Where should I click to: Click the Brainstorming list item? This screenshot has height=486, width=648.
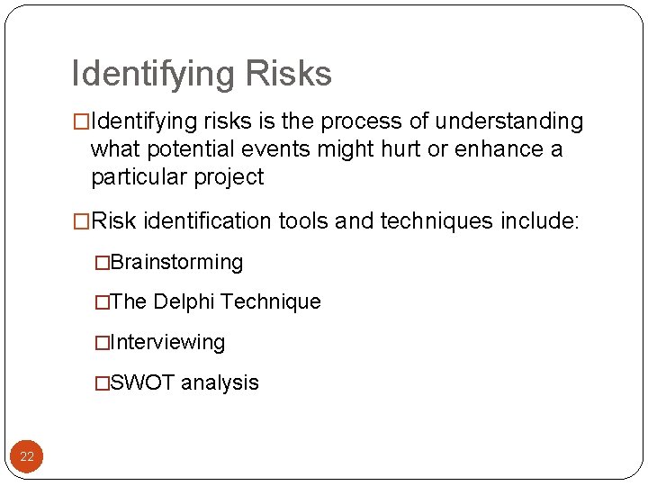[x=176, y=263]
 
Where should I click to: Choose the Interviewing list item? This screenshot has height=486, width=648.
[x=167, y=343]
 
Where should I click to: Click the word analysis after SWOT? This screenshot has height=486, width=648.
[x=220, y=382]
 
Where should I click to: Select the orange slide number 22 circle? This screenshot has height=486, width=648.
[x=27, y=456]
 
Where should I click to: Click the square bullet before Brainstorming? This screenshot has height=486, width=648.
[x=103, y=263]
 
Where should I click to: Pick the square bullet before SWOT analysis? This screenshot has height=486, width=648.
[x=103, y=383]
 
